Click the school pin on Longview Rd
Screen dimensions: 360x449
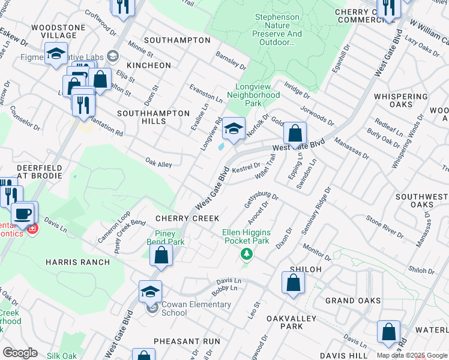(x=234, y=129)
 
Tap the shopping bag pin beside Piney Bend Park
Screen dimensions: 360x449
(x=161, y=256)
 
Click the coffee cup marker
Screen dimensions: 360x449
(x=23, y=213)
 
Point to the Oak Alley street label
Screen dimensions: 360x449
(x=158, y=163)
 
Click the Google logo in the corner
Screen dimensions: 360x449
(x=19, y=353)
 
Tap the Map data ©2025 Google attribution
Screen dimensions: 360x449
(x=412, y=355)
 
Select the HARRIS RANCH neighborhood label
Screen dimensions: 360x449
(x=78, y=262)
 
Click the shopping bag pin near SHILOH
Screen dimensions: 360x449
(x=293, y=283)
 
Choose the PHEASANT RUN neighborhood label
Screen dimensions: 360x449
(x=187, y=341)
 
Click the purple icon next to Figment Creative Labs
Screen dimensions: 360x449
(x=112, y=57)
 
